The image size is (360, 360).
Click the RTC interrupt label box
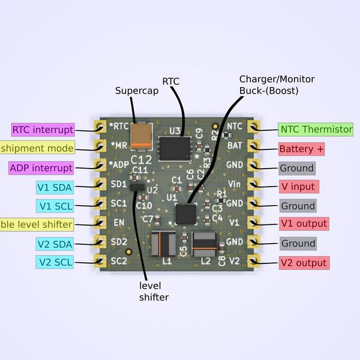(x=43, y=130)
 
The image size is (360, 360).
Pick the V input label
(x=298, y=187)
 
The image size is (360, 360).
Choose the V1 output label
(x=304, y=224)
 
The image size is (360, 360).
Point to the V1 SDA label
(x=54, y=187)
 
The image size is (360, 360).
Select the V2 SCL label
(x=54, y=262)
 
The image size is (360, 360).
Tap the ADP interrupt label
(x=41, y=168)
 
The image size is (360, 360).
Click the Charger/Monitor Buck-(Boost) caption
(x=277, y=85)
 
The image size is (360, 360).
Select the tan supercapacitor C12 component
(x=142, y=137)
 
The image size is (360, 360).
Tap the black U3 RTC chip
(x=175, y=146)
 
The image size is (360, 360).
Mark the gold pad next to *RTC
(x=99, y=127)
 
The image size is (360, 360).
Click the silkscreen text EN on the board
(x=119, y=223)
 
